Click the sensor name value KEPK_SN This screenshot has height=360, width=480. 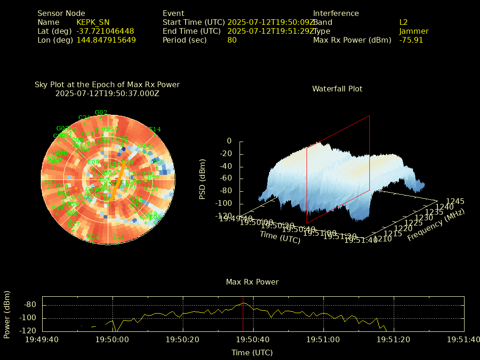[x=93, y=22]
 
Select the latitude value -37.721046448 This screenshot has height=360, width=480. [x=105, y=31]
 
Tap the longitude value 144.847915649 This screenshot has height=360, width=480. [x=106, y=40]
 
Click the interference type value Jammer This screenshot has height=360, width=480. [x=414, y=31]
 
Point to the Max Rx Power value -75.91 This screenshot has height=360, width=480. [x=411, y=40]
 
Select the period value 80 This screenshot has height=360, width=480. [x=232, y=40]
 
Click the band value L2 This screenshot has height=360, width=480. [x=404, y=22]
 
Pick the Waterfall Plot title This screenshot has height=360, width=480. [x=337, y=89]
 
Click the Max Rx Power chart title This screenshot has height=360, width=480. [x=252, y=282]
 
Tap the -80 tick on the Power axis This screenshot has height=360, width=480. [x=30, y=305]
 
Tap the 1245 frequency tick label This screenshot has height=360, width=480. [x=455, y=201]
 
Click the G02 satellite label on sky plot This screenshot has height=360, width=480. [x=101, y=112]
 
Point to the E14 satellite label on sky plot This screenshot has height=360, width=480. [x=155, y=129]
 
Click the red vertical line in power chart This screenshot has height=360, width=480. [x=243, y=314]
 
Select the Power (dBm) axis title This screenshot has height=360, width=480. [x=7, y=314]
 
